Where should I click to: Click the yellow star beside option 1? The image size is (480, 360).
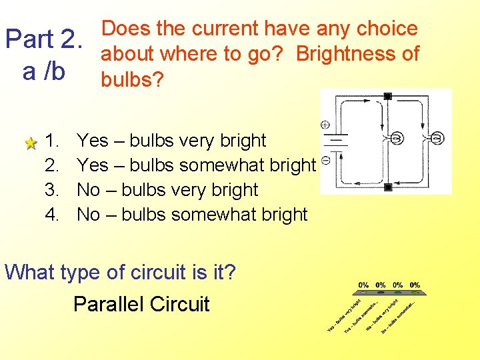[30, 143]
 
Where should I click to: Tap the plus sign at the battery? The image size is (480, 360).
[325, 125]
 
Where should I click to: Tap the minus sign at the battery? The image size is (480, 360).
[325, 160]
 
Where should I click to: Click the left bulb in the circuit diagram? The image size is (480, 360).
[396, 139]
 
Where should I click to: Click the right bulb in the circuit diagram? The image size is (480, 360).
[437, 139]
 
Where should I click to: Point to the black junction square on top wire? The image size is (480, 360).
[387, 97]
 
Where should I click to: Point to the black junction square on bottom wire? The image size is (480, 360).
[387, 187]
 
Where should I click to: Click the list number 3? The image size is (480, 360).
[53, 190]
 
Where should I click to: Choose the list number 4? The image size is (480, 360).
[53, 215]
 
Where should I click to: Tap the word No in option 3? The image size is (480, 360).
[89, 190]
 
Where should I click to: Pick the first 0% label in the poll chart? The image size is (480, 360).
[363, 285]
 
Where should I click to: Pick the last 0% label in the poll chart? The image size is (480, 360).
[415, 285]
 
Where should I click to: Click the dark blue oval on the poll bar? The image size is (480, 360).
[381, 292]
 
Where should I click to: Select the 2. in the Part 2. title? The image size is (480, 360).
[70, 40]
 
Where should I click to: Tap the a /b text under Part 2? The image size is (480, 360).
[43, 71]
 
